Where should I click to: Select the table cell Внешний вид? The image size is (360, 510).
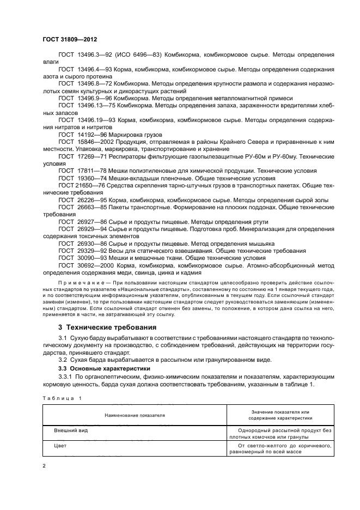(x=71, y=430)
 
